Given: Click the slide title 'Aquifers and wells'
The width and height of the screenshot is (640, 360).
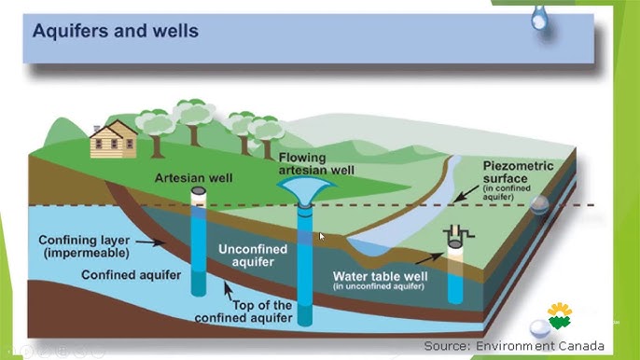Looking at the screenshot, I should tap(116, 31).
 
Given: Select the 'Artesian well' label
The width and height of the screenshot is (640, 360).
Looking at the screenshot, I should tap(195, 177).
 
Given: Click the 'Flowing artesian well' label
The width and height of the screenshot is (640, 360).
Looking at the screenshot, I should tap(317, 163).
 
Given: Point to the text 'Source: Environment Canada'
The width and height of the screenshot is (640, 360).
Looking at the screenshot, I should tap(514, 346).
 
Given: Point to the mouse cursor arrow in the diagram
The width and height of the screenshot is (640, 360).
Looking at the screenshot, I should tap(322, 236).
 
